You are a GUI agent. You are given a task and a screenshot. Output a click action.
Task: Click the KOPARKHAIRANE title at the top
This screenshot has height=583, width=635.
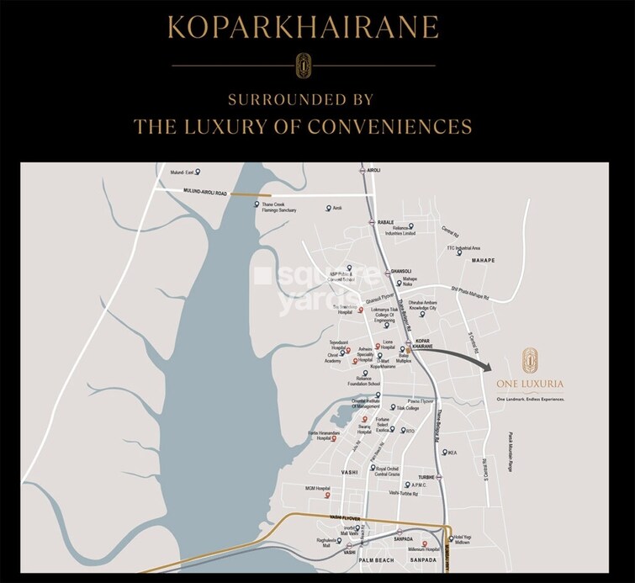coord(304,28)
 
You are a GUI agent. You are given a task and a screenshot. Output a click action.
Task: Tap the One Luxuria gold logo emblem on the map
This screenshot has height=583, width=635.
coord(530,359)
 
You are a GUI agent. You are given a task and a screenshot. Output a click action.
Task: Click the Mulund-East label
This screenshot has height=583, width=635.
coord(183,172)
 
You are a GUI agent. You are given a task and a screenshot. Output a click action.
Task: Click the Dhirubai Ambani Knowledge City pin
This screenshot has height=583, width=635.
coord(422,315)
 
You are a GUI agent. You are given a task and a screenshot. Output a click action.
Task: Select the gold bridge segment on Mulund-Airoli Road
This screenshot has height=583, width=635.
coord(246,194)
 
